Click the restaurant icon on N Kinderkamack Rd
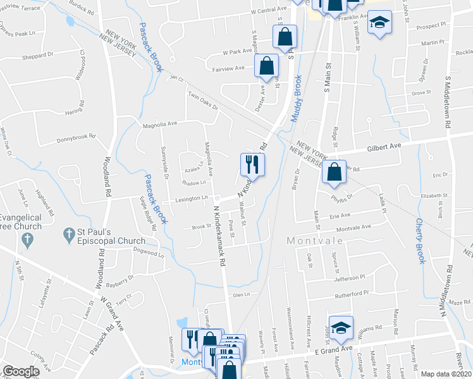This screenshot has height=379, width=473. coord(252,164)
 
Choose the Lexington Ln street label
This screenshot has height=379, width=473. coord(192,198)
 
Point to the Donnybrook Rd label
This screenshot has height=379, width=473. coord(75,138)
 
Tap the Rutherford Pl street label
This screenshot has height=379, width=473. coord(352,293)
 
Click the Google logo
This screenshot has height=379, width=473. coord(21,371)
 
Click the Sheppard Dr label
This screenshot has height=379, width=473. coord(38,55)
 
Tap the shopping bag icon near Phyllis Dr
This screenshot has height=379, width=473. coord(333,171)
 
